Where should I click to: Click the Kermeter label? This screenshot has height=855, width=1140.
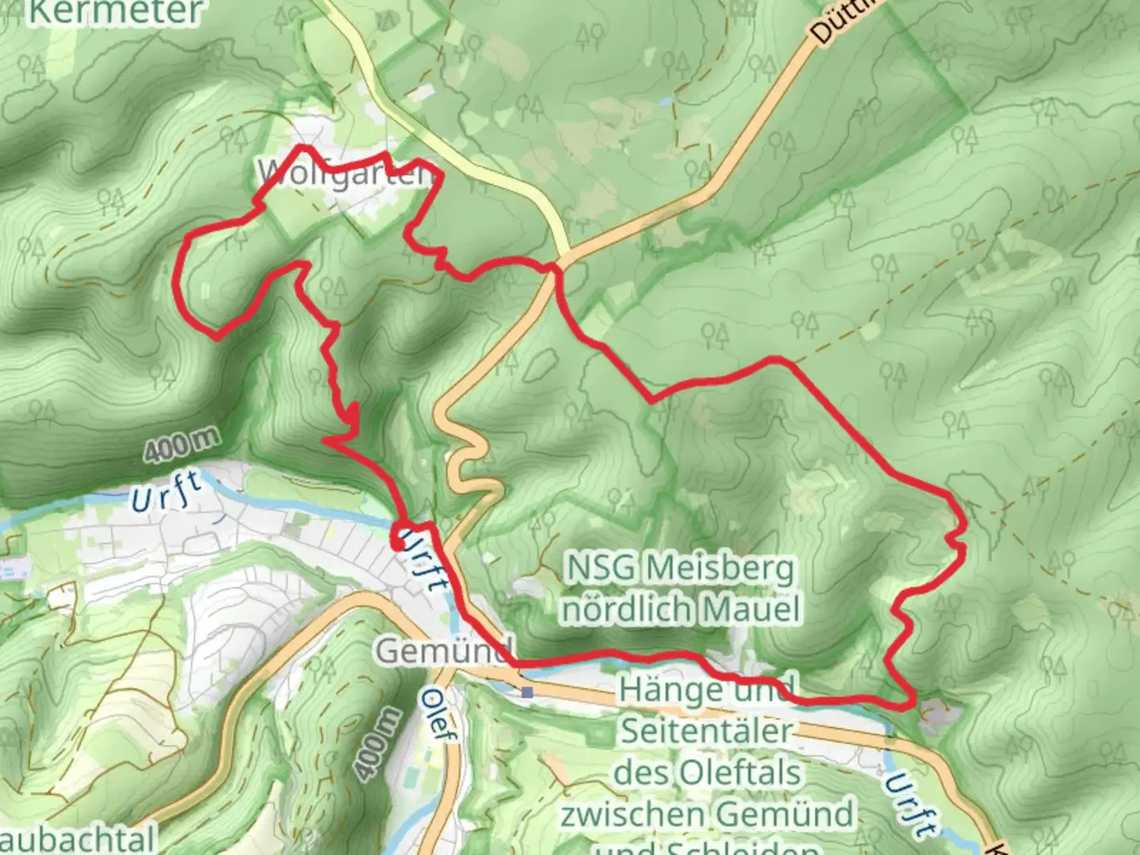coord(115,11)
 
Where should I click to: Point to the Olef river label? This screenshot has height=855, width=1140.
coord(439,716)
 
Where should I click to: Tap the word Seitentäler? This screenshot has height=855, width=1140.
coord(706,730)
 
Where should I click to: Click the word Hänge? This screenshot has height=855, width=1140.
coord(663,689)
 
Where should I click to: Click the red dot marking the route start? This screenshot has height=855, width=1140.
coord(397,544)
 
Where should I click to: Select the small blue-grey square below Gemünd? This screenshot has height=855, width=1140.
coord(527,693)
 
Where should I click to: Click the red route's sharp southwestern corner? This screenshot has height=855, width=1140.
coord(217,338)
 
